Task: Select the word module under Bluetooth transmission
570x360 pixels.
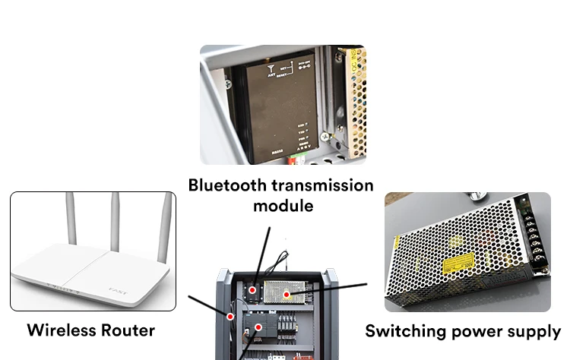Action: (283, 206)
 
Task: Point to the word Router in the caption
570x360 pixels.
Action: (130, 330)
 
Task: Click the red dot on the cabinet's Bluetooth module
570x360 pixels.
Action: (252, 290)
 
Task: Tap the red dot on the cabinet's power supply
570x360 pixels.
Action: (287, 294)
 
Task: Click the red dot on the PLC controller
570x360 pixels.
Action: (258, 328)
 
